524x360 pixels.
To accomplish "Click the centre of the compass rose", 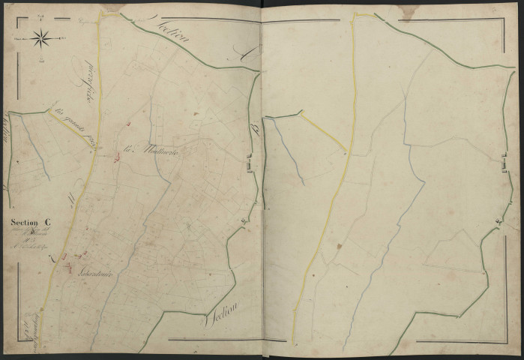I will pyautogui.click(x=41, y=35).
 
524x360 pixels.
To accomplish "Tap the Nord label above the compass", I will pyautogui.click(x=41, y=15).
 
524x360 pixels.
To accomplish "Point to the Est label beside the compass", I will pyautogui.click(x=64, y=35).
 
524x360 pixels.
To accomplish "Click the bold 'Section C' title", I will pyautogui.click(x=32, y=221).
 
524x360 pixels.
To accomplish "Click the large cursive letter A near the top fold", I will pyautogui.click(x=243, y=53).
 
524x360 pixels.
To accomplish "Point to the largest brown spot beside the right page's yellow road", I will pyautogui.click(x=339, y=244).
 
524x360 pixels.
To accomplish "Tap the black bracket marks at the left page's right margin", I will pyautogui.click(x=249, y=160).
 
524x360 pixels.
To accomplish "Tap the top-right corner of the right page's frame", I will pyautogui.click(x=506, y=19).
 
